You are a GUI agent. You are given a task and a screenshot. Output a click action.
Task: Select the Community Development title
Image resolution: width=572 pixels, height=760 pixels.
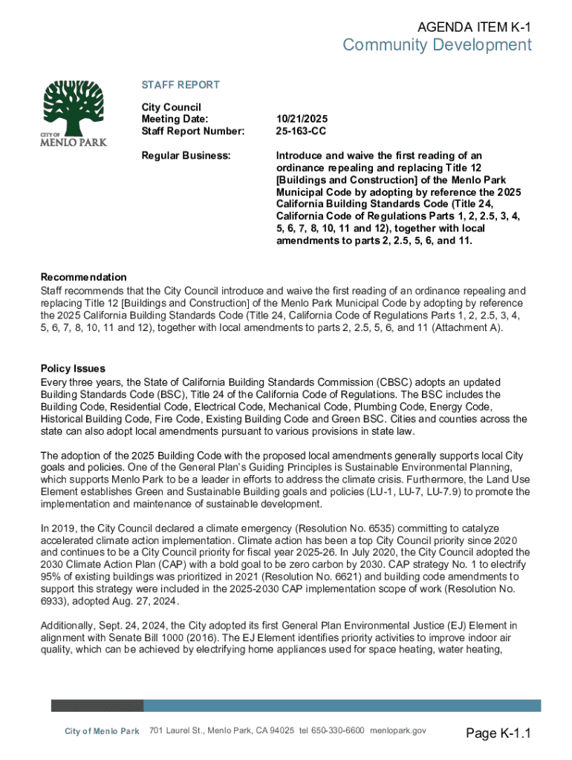point(437,46)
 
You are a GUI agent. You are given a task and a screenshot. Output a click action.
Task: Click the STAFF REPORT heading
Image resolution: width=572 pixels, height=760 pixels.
point(181,85)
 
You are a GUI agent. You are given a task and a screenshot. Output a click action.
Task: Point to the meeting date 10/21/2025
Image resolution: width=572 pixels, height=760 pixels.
point(302,119)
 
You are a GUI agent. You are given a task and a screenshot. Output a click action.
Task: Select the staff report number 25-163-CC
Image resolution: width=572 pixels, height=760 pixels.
point(302,131)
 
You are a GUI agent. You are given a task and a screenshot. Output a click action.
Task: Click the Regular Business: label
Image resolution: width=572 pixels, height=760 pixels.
point(186,156)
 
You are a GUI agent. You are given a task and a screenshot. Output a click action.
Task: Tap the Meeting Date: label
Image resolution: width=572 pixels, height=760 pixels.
point(175,119)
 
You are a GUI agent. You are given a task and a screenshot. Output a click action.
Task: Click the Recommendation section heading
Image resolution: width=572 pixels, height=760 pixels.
point(83,278)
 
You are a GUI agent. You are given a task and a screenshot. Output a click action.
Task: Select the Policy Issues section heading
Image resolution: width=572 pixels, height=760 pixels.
point(73,369)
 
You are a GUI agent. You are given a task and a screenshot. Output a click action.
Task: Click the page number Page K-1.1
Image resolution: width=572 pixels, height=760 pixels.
point(498,735)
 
